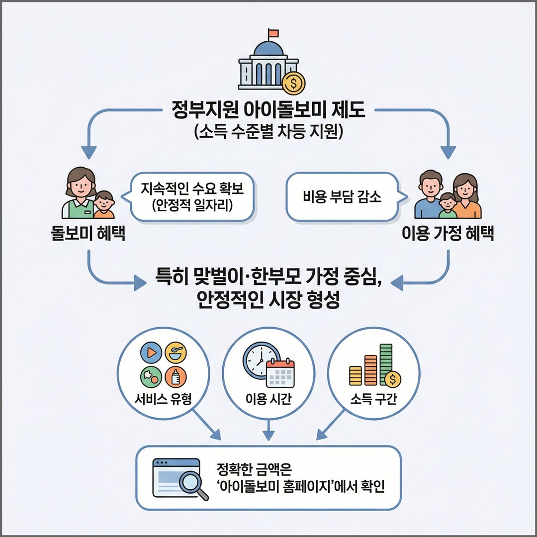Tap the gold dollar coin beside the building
pos(293,83)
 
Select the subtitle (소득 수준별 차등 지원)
pos(268,133)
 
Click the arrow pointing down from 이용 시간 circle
pos(268,430)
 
